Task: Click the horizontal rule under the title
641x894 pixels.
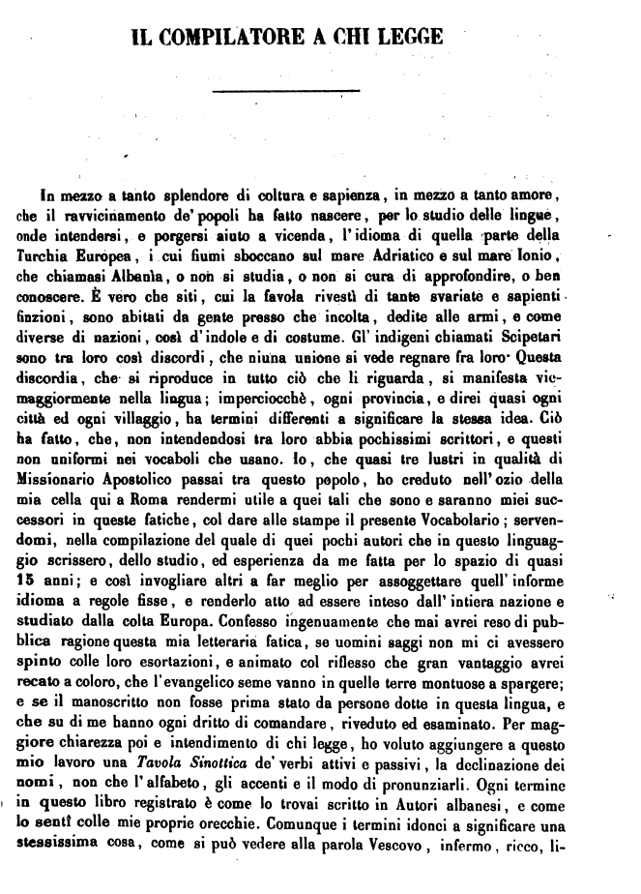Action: [x=284, y=91]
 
